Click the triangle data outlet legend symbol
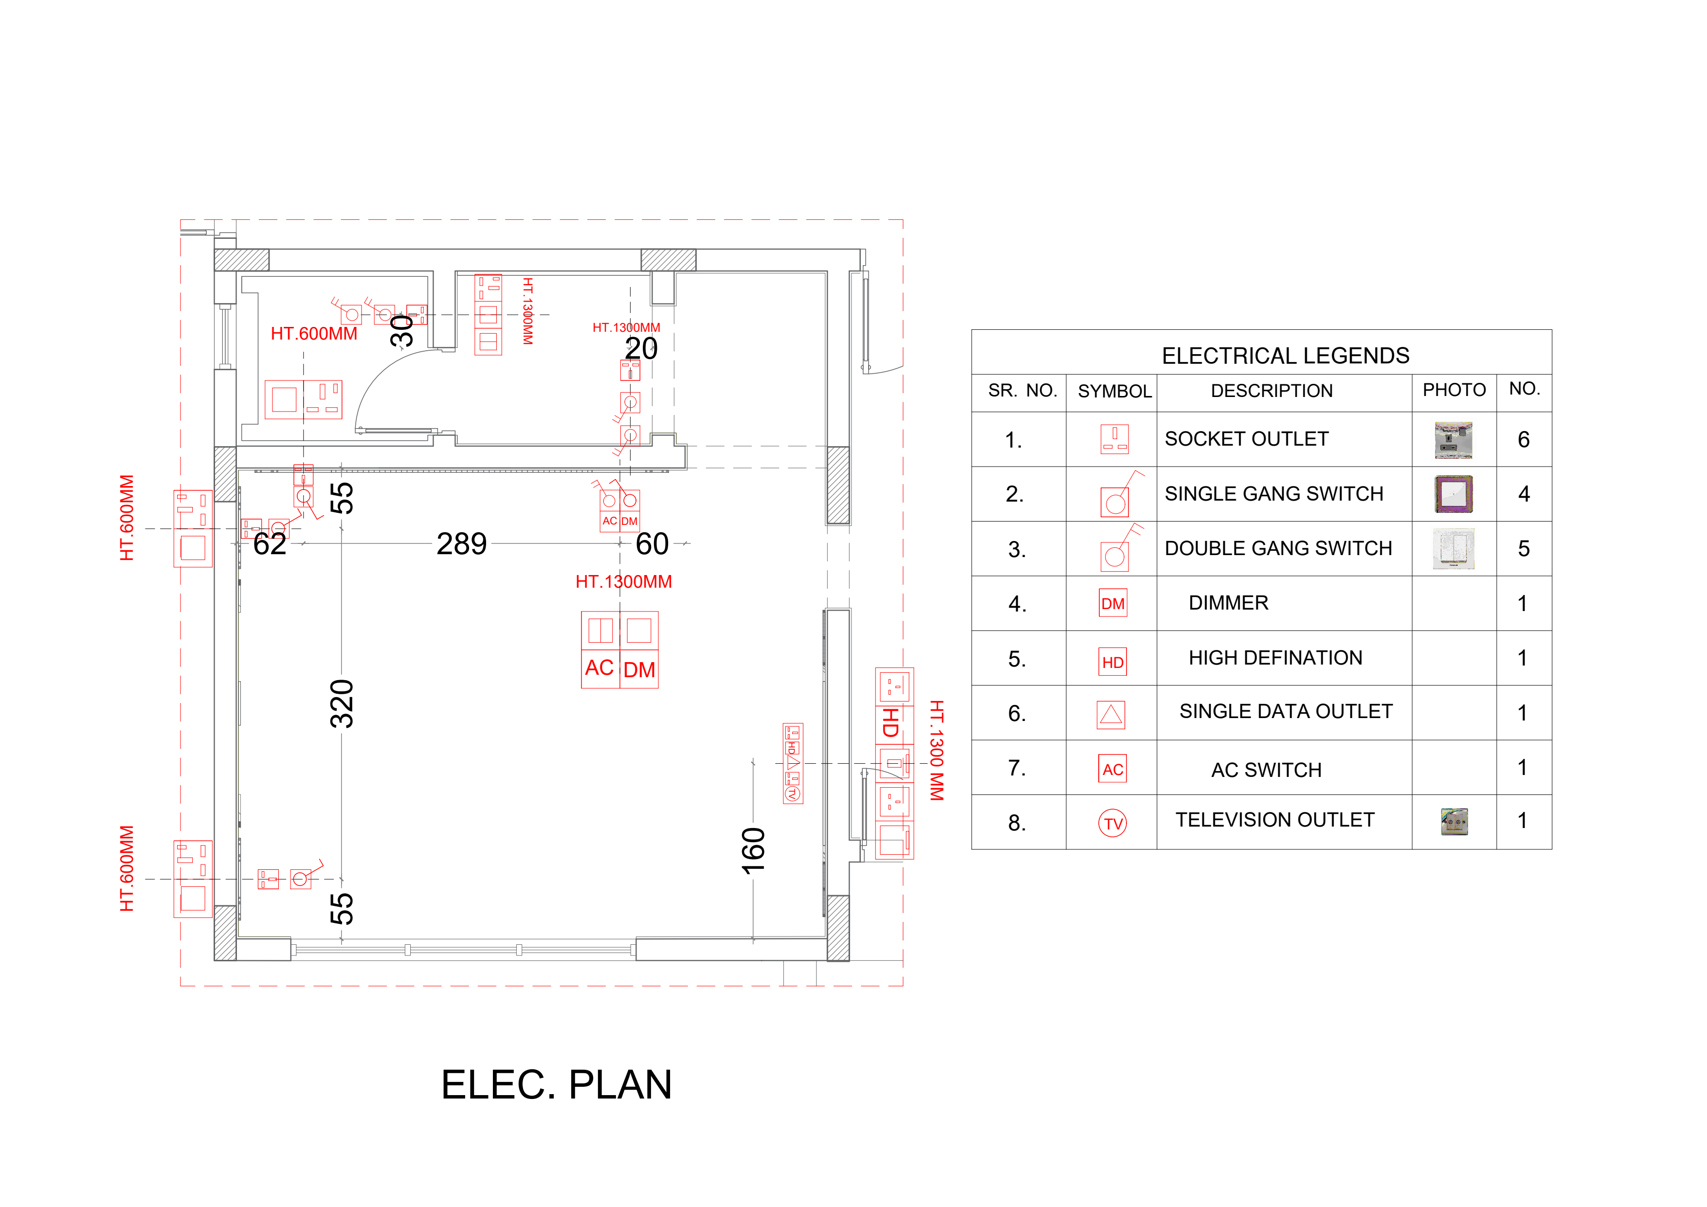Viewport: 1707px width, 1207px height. (1111, 715)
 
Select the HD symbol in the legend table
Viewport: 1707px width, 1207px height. (1112, 662)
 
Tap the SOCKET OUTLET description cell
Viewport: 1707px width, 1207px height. (1246, 439)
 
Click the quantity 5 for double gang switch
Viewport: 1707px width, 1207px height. (1524, 548)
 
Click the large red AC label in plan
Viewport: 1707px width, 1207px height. (599, 667)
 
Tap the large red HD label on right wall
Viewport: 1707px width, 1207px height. (890, 722)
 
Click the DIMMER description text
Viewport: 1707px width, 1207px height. (1228, 603)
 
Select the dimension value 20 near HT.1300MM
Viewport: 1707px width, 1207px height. (641, 348)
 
